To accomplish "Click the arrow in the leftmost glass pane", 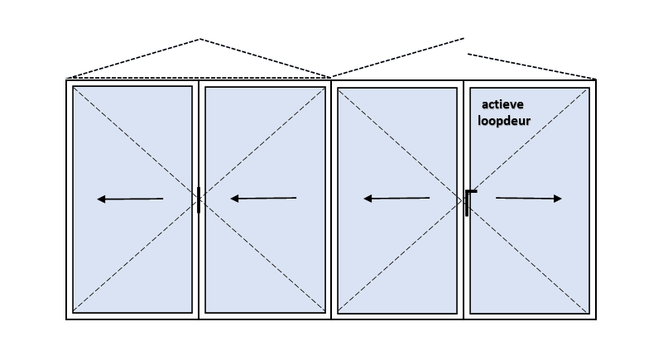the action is pyautogui.click(x=130, y=199).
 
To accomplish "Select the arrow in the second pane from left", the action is pyautogui.click(x=263, y=198).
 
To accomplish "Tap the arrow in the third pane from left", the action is pyautogui.click(x=396, y=198).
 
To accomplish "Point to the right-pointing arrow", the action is pyautogui.click(x=529, y=198).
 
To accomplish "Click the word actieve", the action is pyautogui.click(x=502, y=104).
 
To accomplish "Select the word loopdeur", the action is pyautogui.click(x=504, y=121).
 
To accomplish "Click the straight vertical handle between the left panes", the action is pyautogui.click(x=199, y=199).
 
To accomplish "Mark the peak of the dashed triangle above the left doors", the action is pyautogui.click(x=199, y=39).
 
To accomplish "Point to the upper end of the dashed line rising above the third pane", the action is pyautogui.click(x=464, y=38).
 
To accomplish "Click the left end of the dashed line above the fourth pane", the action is pyautogui.click(x=468, y=54).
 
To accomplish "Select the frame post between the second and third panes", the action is pyautogui.click(x=331, y=199).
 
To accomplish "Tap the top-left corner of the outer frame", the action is pyautogui.click(x=66, y=79).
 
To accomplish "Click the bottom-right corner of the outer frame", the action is pyautogui.click(x=596, y=319).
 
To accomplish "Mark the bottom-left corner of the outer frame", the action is pyautogui.click(x=66, y=319).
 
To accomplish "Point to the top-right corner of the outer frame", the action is pyautogui.click(x=596, y=79).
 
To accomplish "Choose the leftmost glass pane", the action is pyautogui.click(x=132, y=199).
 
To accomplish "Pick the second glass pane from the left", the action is pyautogui.click(x=265, y=199).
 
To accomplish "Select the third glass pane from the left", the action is pyautogui.click(x=397, y=201).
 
